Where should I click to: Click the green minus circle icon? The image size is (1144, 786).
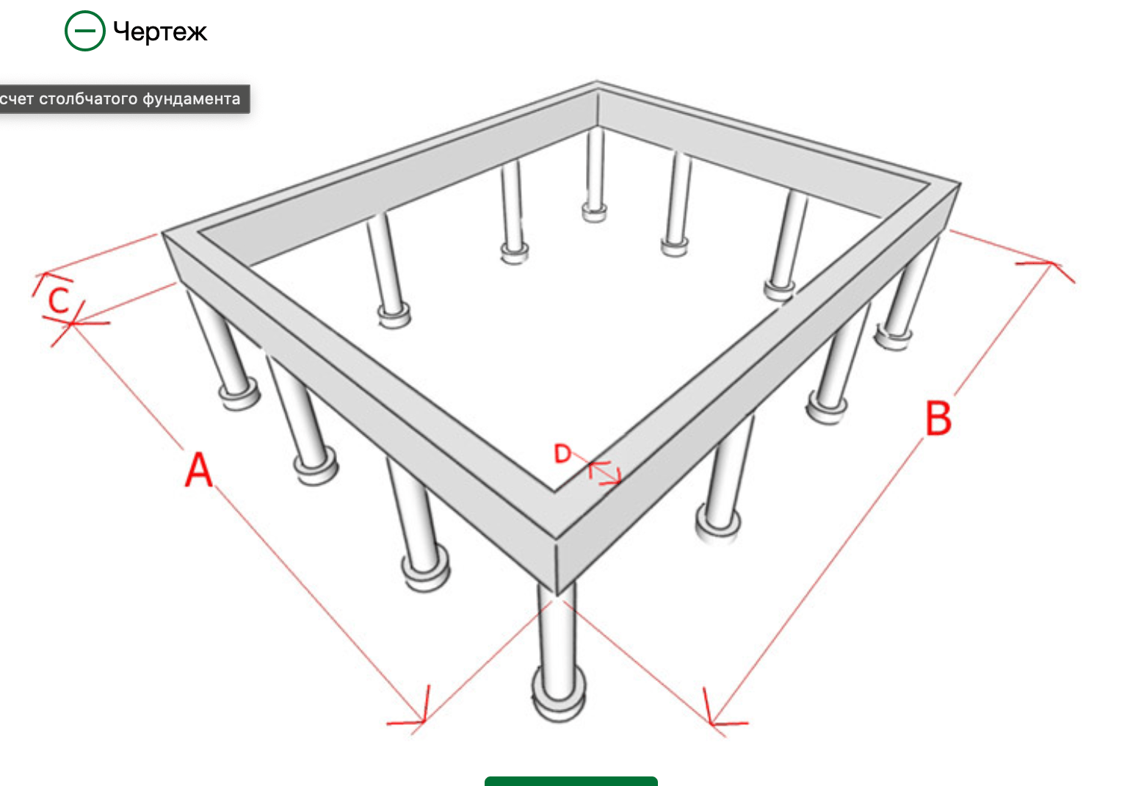[84, 31]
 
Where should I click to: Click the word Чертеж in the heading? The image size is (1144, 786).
[160, 32]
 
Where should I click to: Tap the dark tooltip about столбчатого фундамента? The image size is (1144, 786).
[125, 98]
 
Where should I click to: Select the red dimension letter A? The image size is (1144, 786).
[198, 469]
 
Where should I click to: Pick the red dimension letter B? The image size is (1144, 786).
[938, 418]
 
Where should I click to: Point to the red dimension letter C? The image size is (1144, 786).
[59, 300]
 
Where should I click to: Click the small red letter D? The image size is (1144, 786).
[562, 453]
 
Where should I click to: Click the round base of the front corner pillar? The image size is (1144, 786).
[559, 695]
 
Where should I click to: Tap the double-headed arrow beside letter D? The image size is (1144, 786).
[604, 472]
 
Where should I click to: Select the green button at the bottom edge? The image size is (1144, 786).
[571, 782]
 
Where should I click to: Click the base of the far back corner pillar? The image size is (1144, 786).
[595, 212]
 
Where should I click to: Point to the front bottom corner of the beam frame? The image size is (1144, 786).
[557, 596]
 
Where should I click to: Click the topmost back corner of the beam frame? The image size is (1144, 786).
[596, 81]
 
